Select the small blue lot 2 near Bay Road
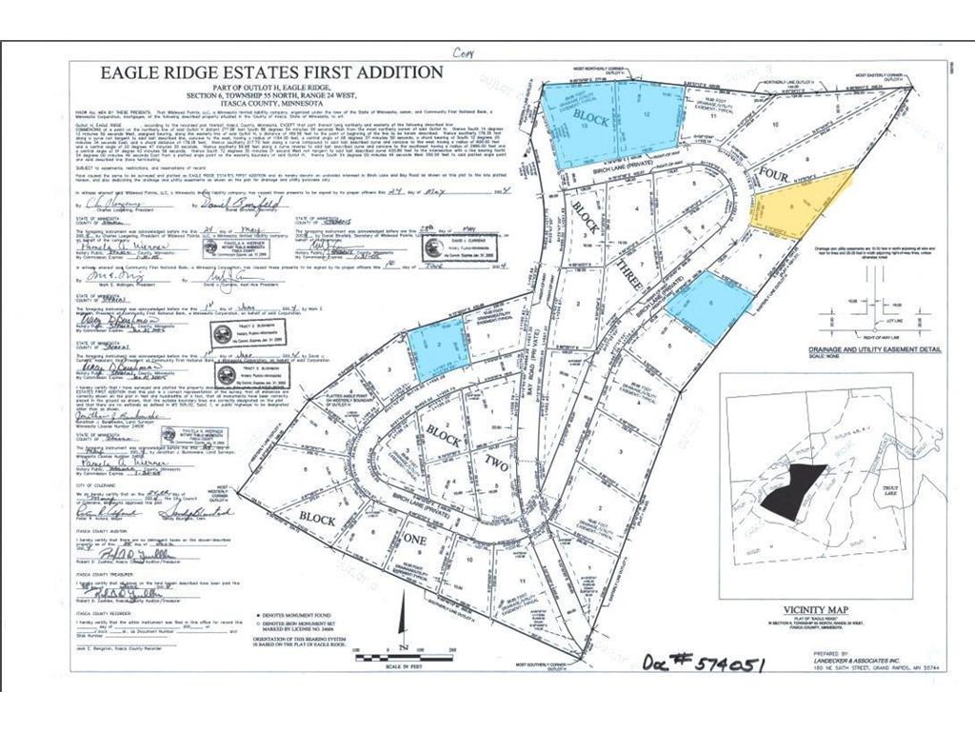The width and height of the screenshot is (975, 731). pyautogui.click(x=438, y=346)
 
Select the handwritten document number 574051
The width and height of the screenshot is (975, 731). pyautogui.click(x=704, y=661)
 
